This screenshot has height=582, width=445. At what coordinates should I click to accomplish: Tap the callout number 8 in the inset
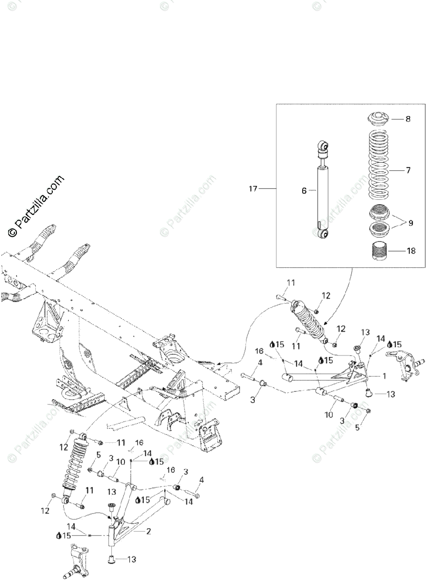[x=408, y=118]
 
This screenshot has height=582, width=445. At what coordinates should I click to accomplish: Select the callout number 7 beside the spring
[x=408, y=170]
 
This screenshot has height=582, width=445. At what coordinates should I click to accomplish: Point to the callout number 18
[x=411, y=251]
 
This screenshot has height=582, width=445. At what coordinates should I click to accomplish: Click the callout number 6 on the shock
[x=304, y=191]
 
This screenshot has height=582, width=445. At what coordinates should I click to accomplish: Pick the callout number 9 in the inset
[x=411, y=224]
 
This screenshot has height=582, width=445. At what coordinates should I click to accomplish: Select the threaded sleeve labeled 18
[x=379, y=251]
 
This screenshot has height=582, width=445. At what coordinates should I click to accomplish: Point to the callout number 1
[x=384, y=375]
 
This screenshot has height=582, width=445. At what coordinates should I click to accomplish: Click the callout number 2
[x=148, y=531]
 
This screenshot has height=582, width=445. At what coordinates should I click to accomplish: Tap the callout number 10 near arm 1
[x=329, y=415]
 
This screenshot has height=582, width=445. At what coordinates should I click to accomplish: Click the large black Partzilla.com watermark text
[x=36, y=206]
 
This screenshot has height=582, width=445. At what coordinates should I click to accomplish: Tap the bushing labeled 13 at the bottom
[x=112, y=560]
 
